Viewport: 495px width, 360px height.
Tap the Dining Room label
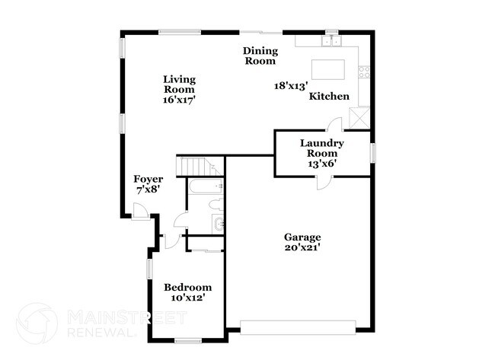(x=260, y=56)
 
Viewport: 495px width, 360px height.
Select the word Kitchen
(x=329, y=97)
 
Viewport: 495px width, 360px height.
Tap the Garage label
(x=303, y=237)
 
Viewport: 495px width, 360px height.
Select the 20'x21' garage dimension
(x=303, y=247)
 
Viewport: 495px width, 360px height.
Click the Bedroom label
(x=187, y=287)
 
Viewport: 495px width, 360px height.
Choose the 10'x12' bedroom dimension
(x=187, y=298)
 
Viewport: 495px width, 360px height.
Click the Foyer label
(x=148, y=180)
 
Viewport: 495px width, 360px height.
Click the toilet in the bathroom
(x=216, y=204)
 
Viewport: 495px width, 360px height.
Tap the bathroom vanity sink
(x=219, y=223)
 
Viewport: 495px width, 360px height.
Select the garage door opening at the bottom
(x=298, y=328)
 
